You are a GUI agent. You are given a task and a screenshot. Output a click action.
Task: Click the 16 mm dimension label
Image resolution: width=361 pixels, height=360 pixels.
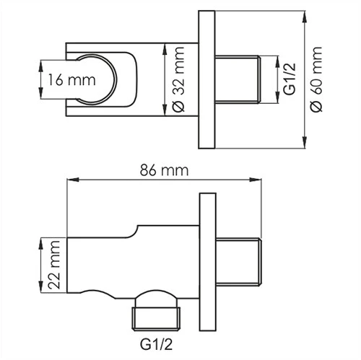[63, 79]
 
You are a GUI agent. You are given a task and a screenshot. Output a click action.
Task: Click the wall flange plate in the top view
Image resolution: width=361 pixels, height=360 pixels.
[206, 79]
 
